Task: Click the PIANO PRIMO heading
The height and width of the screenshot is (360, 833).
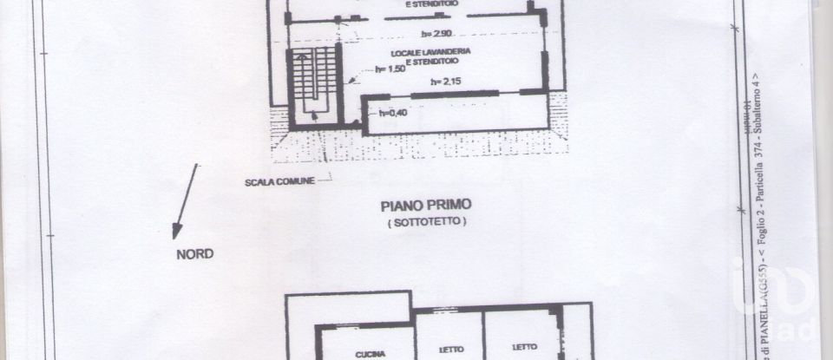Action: tap(426, 206)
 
